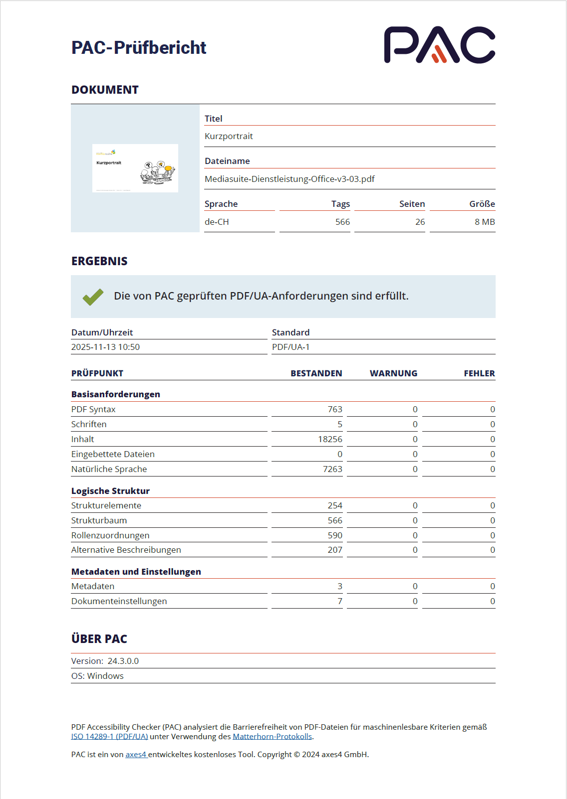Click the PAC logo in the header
[439, 45]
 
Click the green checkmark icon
[93, 297]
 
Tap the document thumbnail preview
[135, 168]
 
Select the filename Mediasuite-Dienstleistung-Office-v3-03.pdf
[289, 179]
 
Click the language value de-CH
[217, 222]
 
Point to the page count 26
[420, 222]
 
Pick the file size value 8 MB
[484, 222]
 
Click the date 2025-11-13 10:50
[105, 347]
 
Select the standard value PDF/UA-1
[290, 347]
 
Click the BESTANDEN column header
[316, 373]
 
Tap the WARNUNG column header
[393, 373]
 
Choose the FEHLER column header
[479, 373]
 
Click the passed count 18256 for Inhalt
[330, 439]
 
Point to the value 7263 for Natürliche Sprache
[332, 469]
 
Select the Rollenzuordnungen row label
[110, 535]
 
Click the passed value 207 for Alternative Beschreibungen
[335, 550]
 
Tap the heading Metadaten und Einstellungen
[136, 572]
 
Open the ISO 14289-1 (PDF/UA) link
[109, 737]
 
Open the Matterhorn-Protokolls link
[272, 737]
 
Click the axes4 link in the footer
[135, 755]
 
